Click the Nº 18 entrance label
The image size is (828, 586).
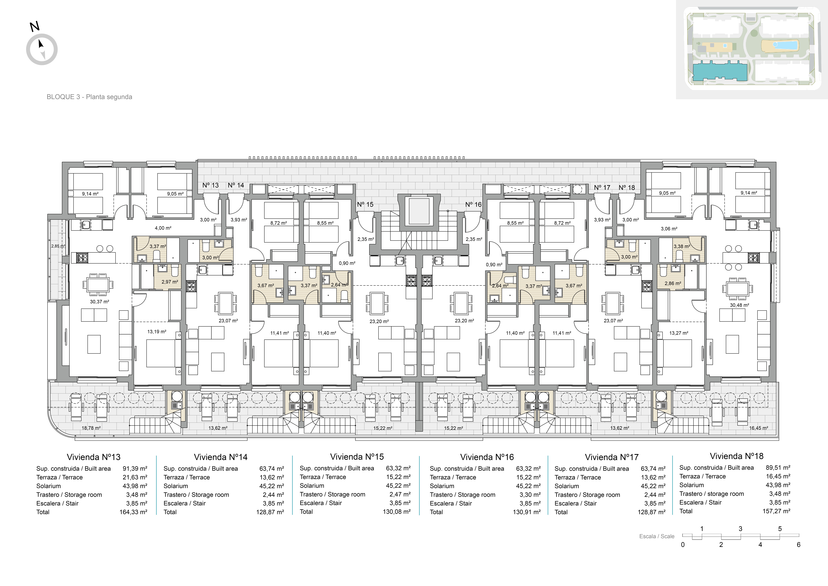[627, 188]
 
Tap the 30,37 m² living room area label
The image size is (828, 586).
[100, 302]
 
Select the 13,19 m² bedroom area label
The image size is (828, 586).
[157, 332]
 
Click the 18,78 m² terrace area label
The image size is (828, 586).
[91, 428]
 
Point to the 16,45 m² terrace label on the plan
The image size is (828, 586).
[758, 428]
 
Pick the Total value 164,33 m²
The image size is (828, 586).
[133, 512]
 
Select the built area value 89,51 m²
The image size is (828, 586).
[778, 468]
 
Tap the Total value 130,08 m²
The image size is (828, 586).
[397, 512]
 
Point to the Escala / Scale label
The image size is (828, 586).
[657, 536]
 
